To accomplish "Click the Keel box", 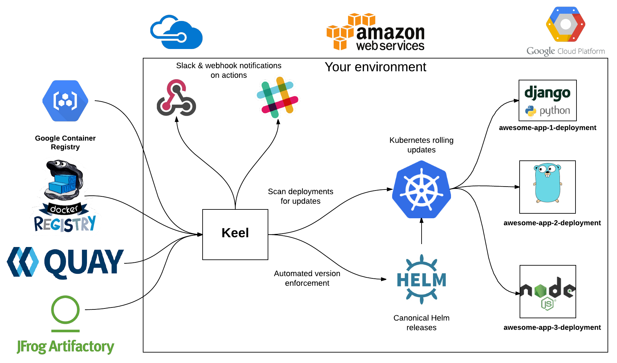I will pyautogui.click(x=235, y=234).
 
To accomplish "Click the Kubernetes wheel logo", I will pyautogui.click(x=421, y=190).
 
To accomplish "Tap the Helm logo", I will pyautogui.click(x=421, y=280).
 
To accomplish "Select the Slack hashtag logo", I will pyautogui.click(x=277, y=97).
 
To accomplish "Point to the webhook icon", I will pyautogui.click(x=176, y=98).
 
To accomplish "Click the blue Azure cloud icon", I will pyautogui.click(x=176, y=32).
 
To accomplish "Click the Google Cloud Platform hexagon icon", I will pyautogui.click(x=565, y=25).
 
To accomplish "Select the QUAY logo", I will pyautogui.click(x=65, y=263).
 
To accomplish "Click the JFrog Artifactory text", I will pyautogui.click(x=65, y=346).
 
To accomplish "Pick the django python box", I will pyautogui.click(x=547, y=101).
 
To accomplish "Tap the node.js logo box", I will pyautogui.click(x=548, y=291).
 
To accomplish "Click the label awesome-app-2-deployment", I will pyautogui.click(x=552, y=223).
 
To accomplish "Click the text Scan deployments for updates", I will pyautogui.click(x=300, y=196).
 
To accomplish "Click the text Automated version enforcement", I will pyautogui.click(x=307, y=278).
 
